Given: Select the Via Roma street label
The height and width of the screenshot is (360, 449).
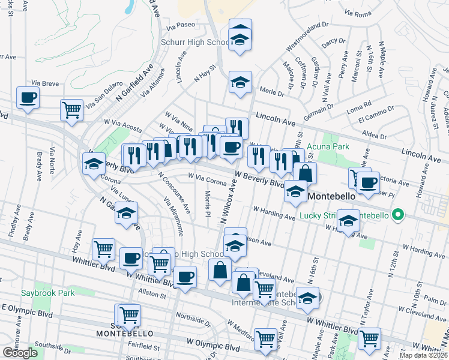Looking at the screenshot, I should (x=360, y=12).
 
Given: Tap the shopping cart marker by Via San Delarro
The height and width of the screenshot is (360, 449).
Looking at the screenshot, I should (x=71, y=110).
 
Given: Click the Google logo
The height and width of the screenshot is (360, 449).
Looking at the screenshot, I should (x=20, y=353).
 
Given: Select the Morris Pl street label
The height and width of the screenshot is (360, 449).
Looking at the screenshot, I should (x=207, y=205).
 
